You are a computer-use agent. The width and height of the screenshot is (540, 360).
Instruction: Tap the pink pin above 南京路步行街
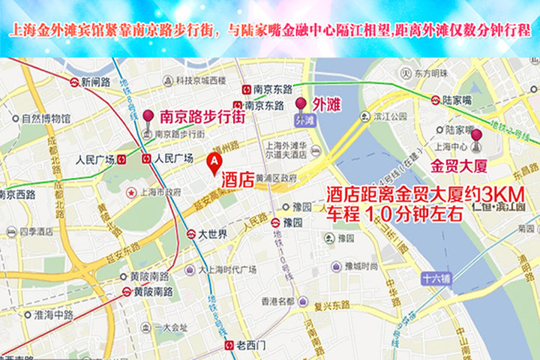point(148,117)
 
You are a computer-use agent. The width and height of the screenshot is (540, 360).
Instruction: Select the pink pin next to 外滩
point(301,104)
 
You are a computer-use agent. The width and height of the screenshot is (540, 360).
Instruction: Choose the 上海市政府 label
point(156,191)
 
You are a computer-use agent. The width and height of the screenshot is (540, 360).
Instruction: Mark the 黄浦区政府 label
point(277,178)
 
